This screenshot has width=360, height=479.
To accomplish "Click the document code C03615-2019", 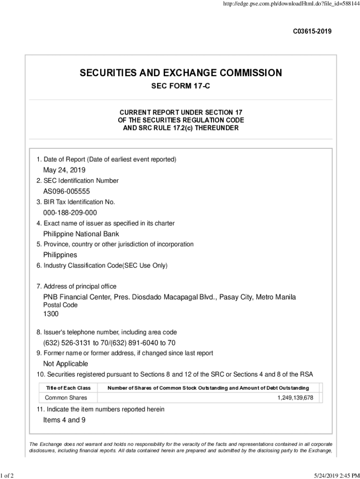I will pos(312,32).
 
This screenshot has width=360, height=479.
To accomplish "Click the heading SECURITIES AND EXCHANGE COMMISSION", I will pos(181,73).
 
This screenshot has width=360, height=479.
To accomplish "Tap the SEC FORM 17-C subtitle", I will pos(180,87).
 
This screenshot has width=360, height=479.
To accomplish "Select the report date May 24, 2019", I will pos(65,170).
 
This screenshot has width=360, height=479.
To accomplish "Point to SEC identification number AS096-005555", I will pos(66,191).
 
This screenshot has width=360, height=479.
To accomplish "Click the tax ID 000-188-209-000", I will pos(70,213).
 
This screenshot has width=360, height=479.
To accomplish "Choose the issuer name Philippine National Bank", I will pos(81,234).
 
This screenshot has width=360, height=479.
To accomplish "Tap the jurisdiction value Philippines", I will pos(60,255).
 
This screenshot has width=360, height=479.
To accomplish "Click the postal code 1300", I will pos(51,314).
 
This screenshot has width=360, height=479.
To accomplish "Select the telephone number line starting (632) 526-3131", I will pos(109,343).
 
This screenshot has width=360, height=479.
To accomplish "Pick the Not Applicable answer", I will pos(65,364).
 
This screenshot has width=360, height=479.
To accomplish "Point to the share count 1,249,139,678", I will pos(296,398).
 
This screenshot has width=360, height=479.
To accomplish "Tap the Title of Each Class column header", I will pos(68,388).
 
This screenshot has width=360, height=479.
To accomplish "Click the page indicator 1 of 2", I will pos(7,476).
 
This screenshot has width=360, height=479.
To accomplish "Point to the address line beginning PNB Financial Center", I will pos(170,297).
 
